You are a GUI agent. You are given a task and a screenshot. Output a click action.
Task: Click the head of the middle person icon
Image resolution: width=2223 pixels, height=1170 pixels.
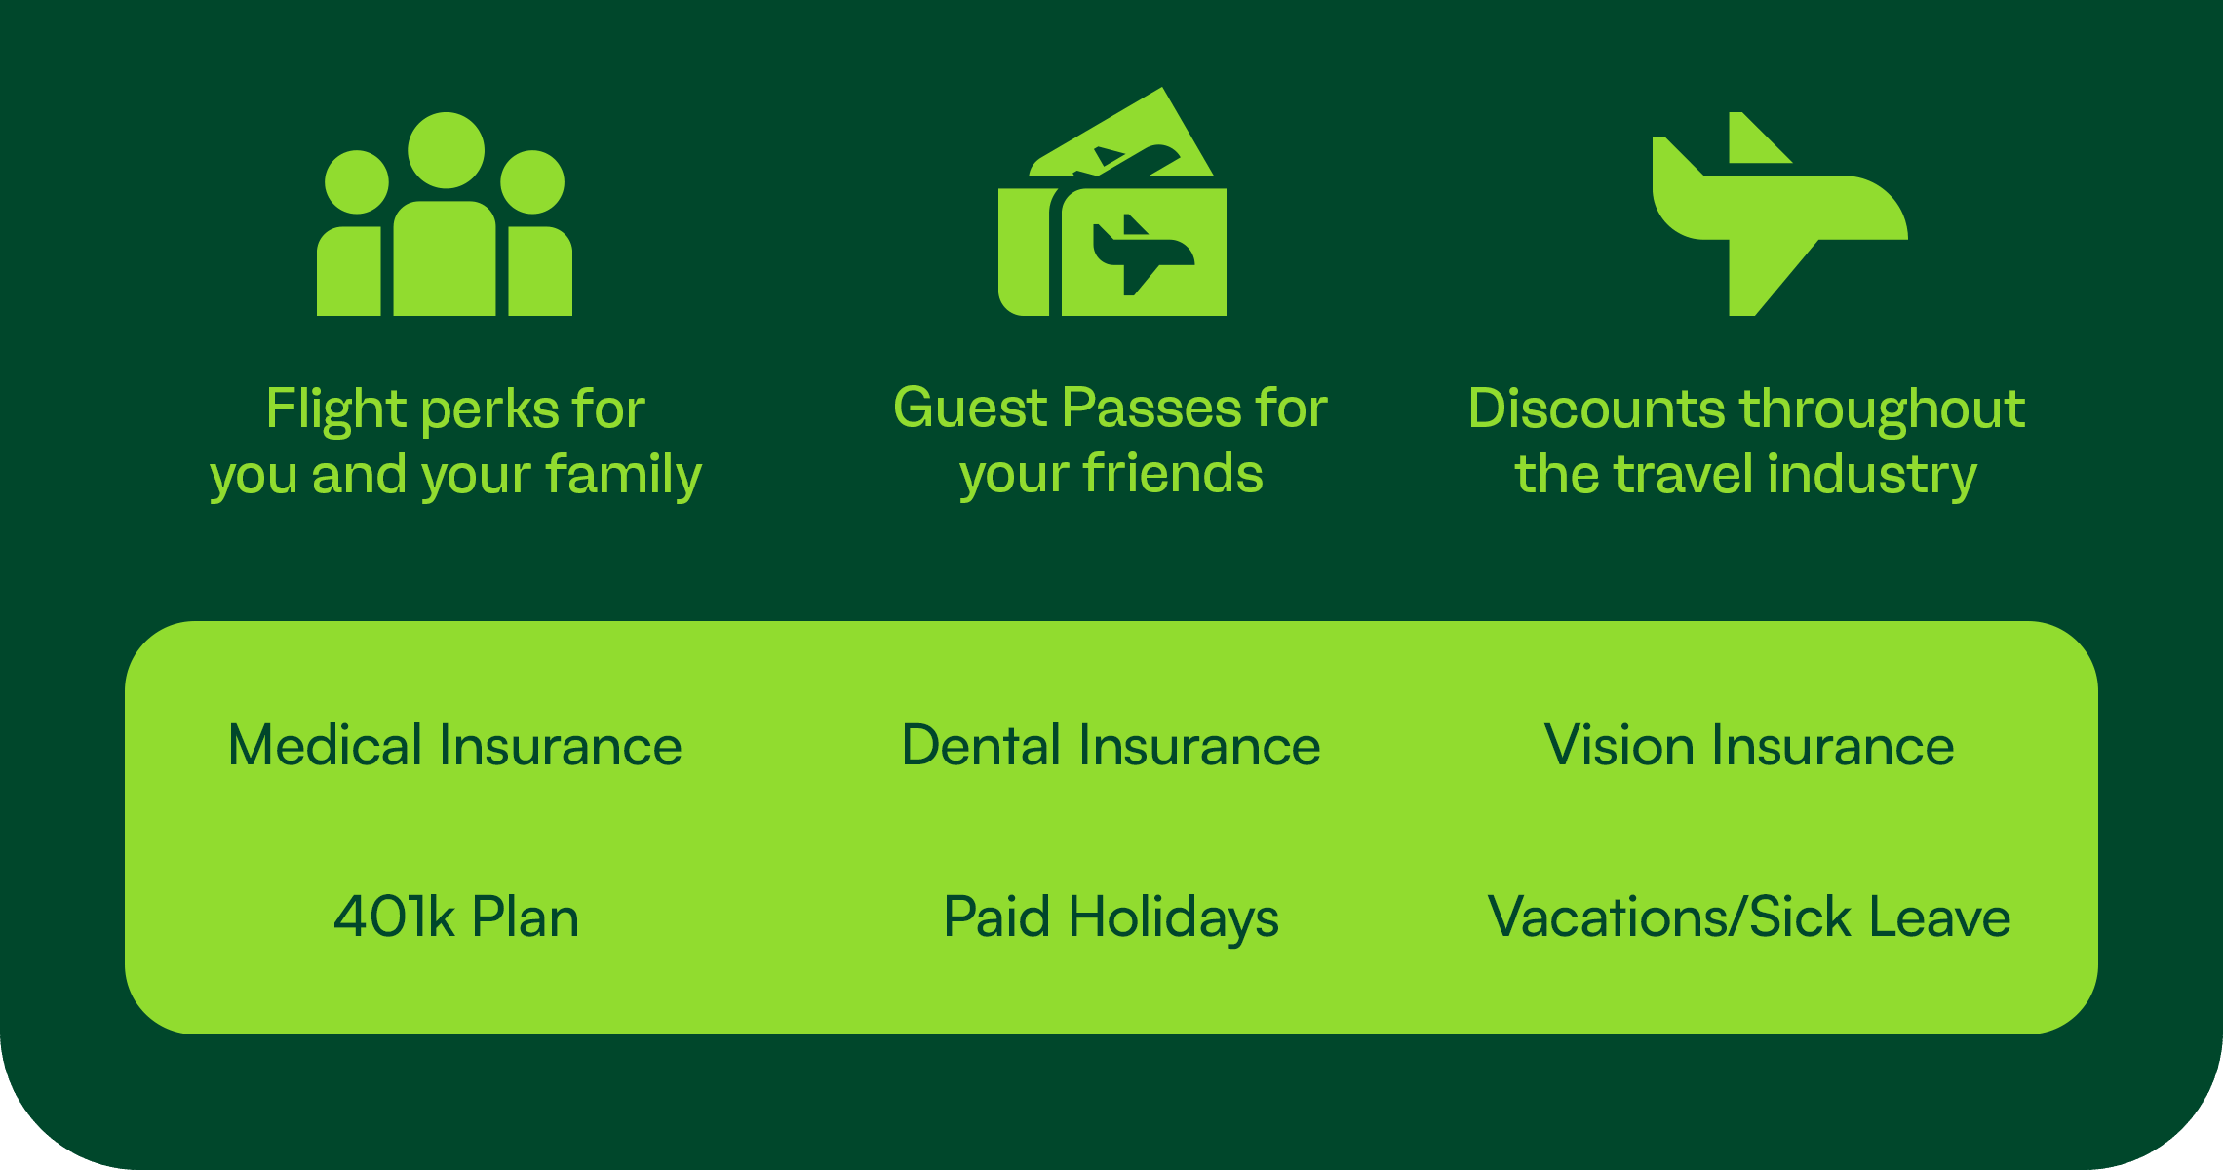[446, 150]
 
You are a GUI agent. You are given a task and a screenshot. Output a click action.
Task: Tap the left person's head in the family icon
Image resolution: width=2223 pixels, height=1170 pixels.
[357, 182]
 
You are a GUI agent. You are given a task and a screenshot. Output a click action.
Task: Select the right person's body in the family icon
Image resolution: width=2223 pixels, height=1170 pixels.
[540, 271]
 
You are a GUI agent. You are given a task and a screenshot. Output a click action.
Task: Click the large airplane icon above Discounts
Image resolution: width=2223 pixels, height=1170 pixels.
[1780, 214]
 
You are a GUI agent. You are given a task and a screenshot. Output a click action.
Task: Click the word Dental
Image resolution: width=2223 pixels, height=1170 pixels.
[982, 746]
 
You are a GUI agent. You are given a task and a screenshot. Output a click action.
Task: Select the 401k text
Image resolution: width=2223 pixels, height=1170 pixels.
[395, 917]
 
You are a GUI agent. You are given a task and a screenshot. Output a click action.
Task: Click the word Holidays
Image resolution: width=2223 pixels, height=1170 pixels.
[1174, 919]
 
